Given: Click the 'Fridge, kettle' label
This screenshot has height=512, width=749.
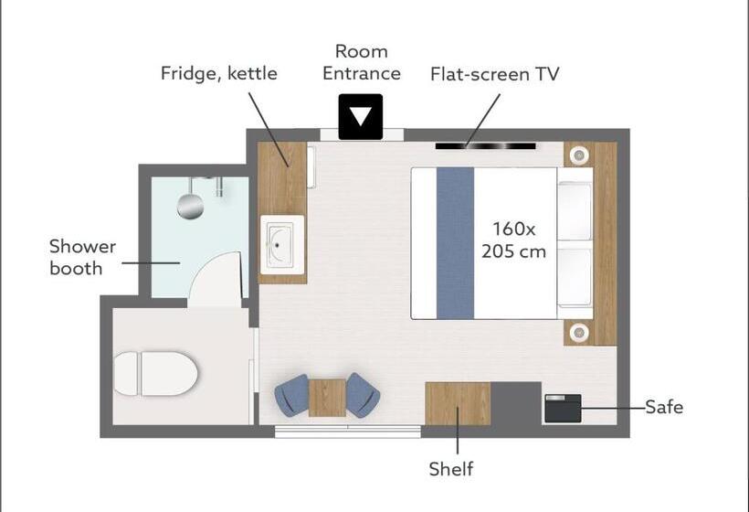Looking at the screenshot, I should pos(219,72).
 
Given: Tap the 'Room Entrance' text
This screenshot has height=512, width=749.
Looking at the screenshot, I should pos(361,62).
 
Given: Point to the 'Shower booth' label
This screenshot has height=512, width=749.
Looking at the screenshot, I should pos(82,257).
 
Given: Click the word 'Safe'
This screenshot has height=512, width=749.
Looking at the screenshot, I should pos(663,407).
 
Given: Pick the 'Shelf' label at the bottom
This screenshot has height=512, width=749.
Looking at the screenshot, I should pos(451,469).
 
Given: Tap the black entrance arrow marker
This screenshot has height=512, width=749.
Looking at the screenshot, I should pos(361,117).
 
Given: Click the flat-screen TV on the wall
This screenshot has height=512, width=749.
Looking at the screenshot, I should pos(485,145).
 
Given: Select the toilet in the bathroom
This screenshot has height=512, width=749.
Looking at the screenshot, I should pos(156,374).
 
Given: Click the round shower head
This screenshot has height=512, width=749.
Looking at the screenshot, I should pos(190,206).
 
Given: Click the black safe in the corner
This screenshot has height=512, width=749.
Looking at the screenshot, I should pos(563,408).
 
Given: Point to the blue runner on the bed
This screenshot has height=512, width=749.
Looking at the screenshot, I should pos(455,242).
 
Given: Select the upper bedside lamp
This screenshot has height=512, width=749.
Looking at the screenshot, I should pos(578,156).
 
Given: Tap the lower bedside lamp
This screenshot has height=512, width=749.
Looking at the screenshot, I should pos(578,331).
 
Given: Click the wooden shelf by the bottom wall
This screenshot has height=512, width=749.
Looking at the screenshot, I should pos(458,403).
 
